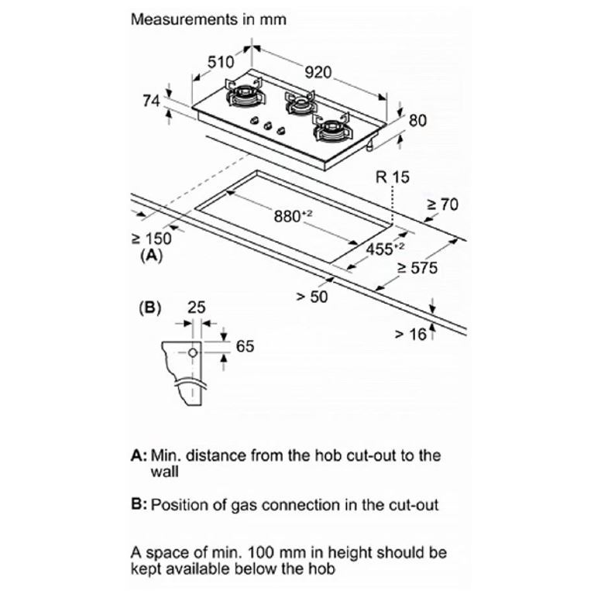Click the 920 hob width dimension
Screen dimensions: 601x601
pyautogui.click(x=318, y=72)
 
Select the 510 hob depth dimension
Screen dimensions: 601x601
pyautogui.click(x=221, y=62)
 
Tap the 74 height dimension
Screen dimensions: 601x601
pyautogui.click(x=151, y=101)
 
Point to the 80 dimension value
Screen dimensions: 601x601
pyautogui.click(x=417, y=120)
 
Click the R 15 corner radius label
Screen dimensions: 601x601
pyautogui.click(x=393, y=177)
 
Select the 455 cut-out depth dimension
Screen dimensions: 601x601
pyautogui.click(x=385, y=249)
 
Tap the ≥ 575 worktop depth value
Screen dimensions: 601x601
pyautogui.click(x=417, y=267)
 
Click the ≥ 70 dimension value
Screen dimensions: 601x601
pyautogui.click(x=442, y=204)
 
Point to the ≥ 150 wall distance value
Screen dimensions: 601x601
pyautogui.click(x=151, y=239)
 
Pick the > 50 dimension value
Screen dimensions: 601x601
pyautogui.click(x=312, y=297)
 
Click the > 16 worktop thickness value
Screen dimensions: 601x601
pyautogui.click(x=410, y=335)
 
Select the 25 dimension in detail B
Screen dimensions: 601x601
pyautogui.click(x=196, y=307)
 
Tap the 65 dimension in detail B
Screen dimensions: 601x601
pyautogui.click(x=245, y=346)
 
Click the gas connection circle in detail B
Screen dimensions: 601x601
pyautogui.click(x=193, y=352)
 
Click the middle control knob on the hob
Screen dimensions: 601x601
pyautogui.click(x=268, y=125)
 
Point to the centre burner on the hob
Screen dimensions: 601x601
pyautogui.click(x=299, y=104)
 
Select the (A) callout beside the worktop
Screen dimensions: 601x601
pyautogui.click(x=152, y=256)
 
